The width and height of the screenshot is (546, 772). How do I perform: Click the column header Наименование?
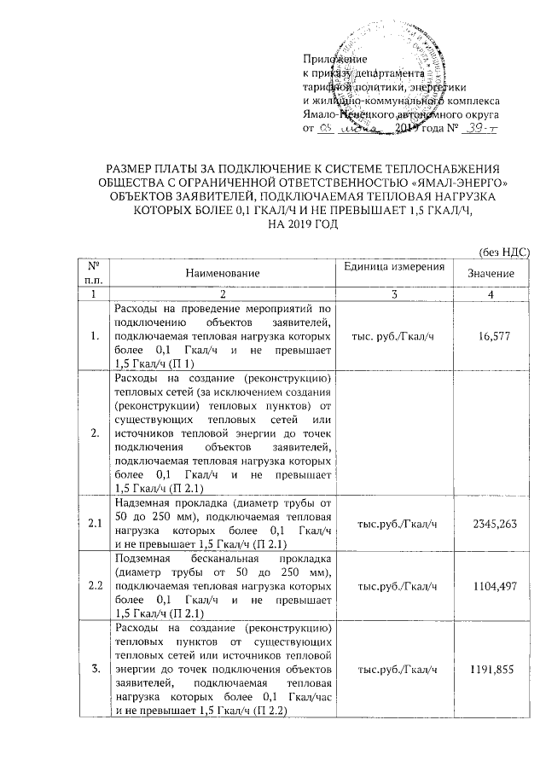(x=224, y=272)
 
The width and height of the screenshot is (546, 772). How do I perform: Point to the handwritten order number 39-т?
(x=480, y=128)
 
